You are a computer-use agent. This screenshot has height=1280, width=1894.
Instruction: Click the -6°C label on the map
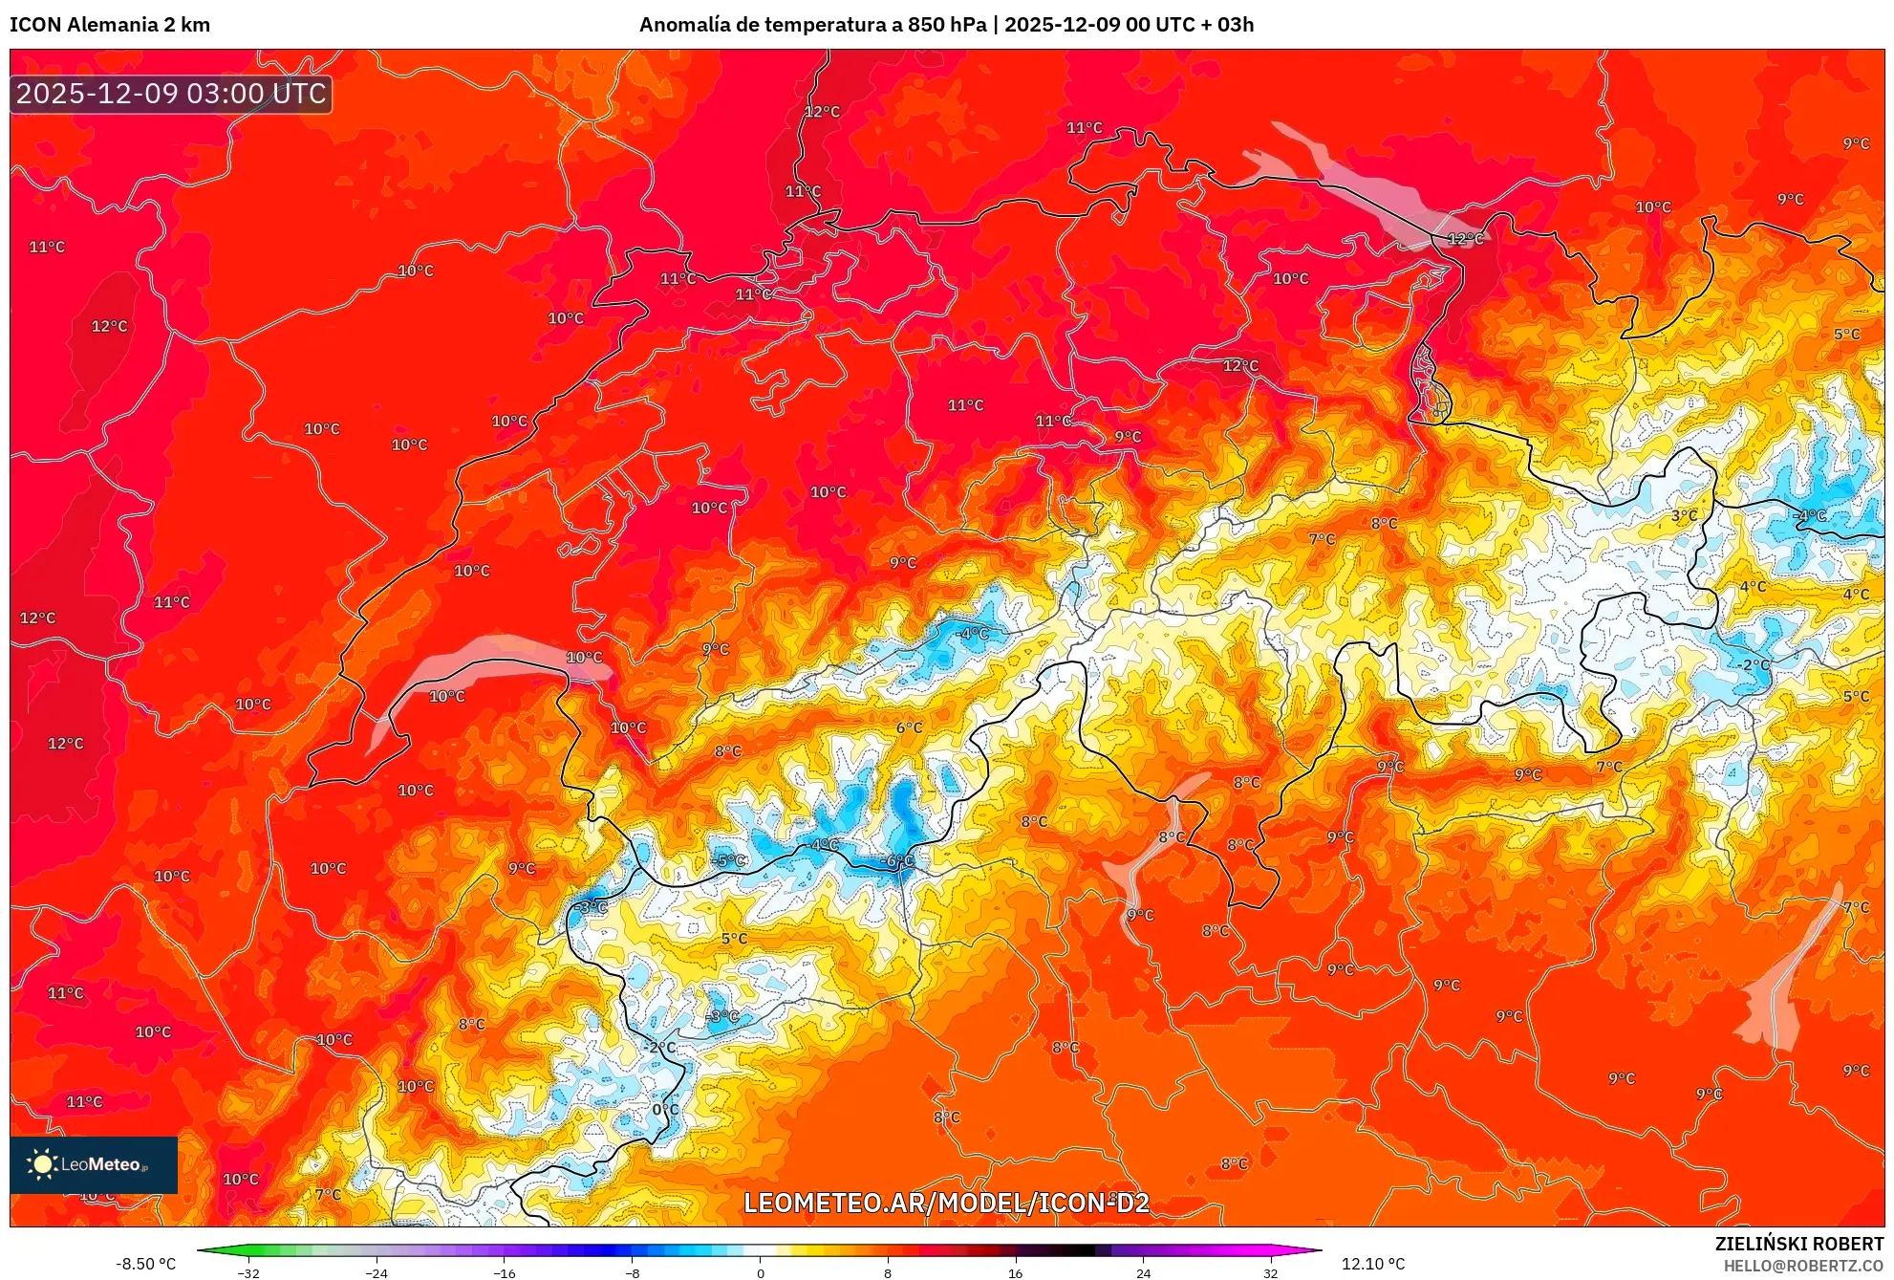(898, 860)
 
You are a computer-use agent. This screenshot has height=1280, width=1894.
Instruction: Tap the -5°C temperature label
(729, 860)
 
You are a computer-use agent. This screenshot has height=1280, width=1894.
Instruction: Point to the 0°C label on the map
(665, 1109)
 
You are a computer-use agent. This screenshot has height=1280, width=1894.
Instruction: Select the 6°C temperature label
(909, 727)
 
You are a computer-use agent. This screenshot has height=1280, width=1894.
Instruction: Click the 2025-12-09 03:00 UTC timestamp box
(171, 94)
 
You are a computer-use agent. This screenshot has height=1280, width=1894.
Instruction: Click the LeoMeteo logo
(93, 1164)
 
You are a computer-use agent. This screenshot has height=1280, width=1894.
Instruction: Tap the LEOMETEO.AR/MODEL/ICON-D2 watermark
(946, 1203)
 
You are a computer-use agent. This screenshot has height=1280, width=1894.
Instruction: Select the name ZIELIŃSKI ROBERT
(1798, 1244)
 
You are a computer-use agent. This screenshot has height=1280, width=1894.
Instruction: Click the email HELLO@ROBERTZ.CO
(1803, 1266)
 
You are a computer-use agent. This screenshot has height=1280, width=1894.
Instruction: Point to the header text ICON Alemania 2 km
(110, 25)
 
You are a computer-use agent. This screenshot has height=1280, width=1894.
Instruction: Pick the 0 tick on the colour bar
(761, 1272)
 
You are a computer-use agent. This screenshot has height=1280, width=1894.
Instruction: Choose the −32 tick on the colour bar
(248, 1272)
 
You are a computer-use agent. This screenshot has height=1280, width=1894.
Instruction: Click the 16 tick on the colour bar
(1015, 1272)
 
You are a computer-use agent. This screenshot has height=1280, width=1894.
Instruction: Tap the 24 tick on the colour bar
(1143, 1272)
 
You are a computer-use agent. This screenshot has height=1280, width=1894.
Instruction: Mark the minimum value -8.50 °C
(146, 1264)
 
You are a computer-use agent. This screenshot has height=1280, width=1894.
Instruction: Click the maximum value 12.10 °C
(1372, 1264)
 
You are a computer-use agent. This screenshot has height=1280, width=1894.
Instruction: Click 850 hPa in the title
(946, 25)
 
